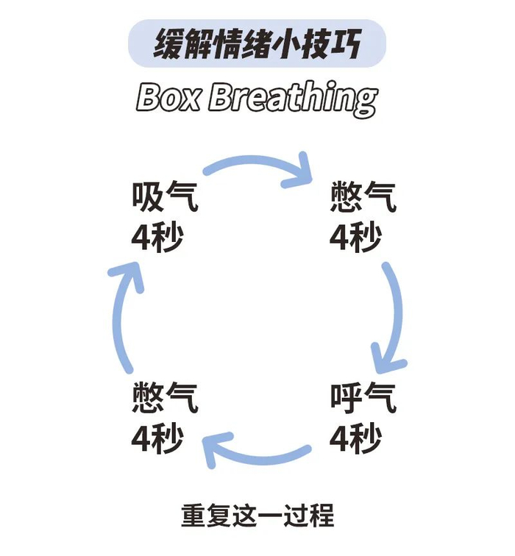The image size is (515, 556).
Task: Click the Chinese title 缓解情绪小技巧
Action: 257,45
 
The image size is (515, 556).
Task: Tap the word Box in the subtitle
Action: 168,98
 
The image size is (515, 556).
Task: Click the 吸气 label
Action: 165,197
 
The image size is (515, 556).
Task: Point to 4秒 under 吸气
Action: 157,237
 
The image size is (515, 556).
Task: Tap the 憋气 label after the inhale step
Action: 363,197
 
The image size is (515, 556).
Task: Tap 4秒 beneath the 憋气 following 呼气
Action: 157,439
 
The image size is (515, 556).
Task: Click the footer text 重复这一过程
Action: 257,515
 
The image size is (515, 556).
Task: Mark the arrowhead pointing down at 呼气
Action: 388,361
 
